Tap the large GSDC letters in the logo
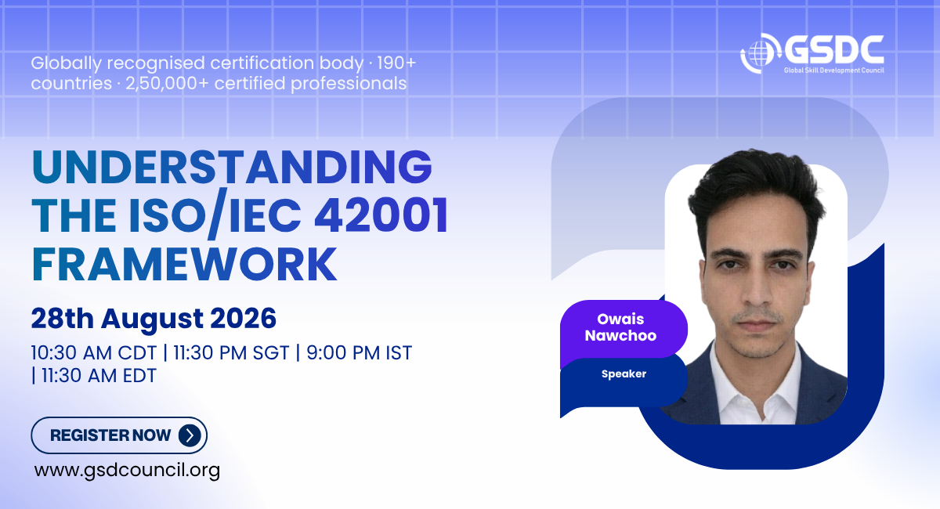click(x=833, y=50)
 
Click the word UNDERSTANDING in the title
click(x=232, y=167)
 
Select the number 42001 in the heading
click(x=381, y=215)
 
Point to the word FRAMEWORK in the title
click(x=184, y=265)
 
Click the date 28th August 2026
click(x=154, y=318)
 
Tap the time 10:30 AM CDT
click(x=93, y=353)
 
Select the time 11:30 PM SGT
click(x=231, y=353)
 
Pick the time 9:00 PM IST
click(x=360, y=353)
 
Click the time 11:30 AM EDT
click(x=99, y=376)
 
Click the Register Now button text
click(x=110, y=435)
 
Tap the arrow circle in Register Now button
click(x=190, y=435)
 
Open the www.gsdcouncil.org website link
click(x=127, y=471)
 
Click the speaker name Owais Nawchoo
click(x=620, y=327)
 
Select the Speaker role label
click(x=624, y=374)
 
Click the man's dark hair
click(x=755, y=185)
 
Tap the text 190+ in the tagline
click(x=396, y=63)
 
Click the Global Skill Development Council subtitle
click(x=833, y=70)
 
